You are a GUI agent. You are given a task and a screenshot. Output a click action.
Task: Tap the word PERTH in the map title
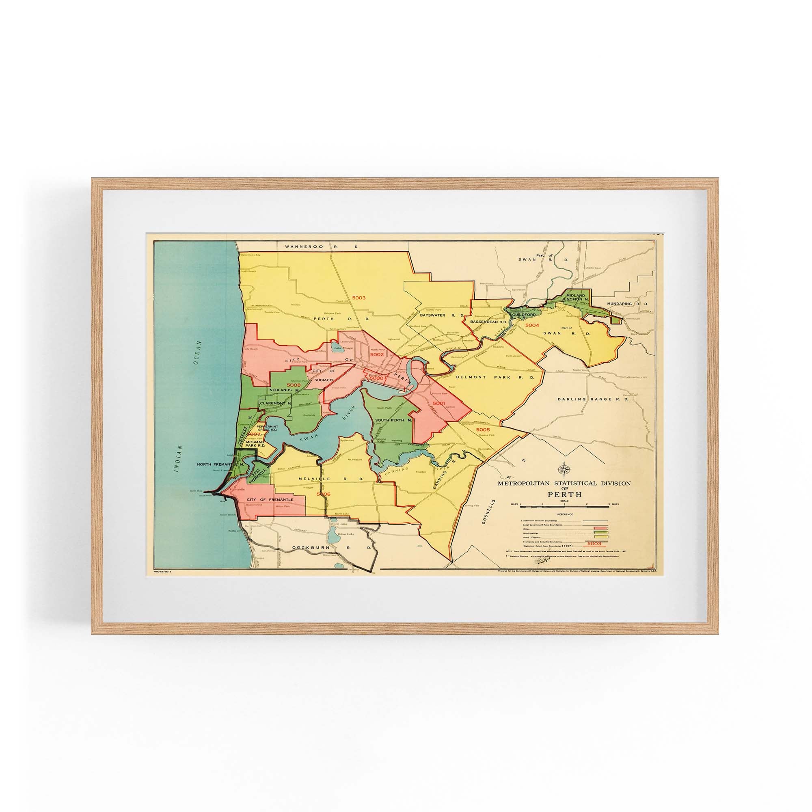click(564, 494)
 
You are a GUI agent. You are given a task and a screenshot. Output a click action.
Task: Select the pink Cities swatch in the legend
click(601, 528)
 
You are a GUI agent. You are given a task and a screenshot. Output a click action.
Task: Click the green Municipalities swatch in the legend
click(601, 533)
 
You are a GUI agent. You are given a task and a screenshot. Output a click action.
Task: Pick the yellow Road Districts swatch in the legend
click(601, 537)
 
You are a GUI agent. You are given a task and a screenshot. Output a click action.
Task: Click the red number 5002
click(378, 355)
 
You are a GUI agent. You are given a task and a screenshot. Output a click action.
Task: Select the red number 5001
click(438, 403)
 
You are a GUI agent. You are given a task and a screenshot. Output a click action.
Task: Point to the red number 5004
click(532, 325)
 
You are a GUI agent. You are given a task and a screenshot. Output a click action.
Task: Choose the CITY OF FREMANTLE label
click(270, 499)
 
